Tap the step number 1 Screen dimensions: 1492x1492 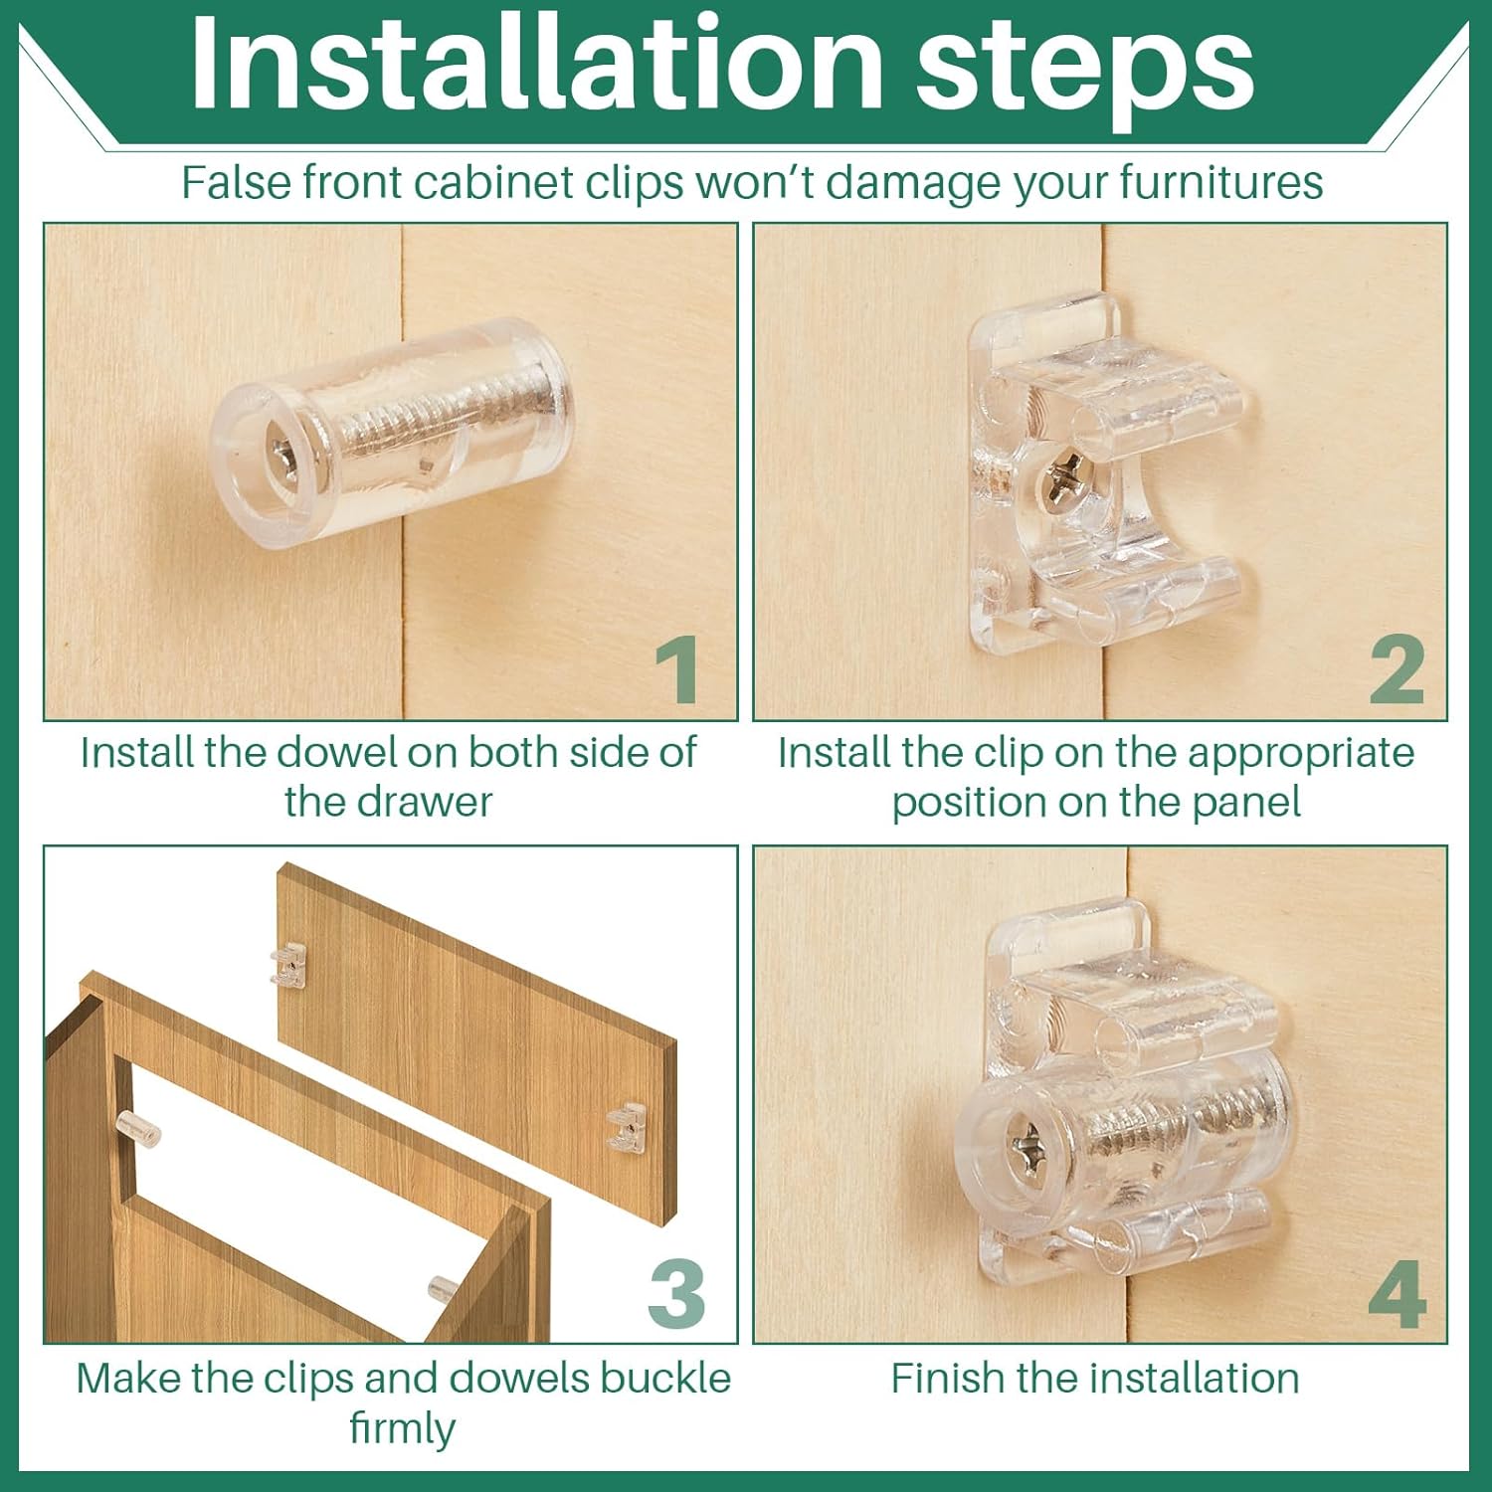pos(678,669)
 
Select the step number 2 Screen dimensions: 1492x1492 pos(1397,669)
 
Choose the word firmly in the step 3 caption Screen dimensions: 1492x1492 pos(403,1429)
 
